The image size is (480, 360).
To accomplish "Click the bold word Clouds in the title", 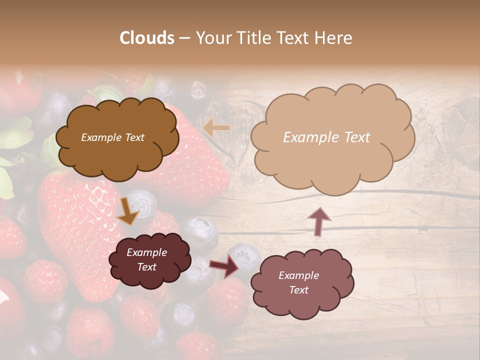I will point(147,38).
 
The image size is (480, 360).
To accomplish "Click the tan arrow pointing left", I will point(216,128).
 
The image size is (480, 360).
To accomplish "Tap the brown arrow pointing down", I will point(127,211).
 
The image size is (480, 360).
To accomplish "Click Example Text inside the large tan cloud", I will point(326,137).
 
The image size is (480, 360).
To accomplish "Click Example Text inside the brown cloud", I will point(112,137).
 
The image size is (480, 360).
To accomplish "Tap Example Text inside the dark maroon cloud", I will point(147,259).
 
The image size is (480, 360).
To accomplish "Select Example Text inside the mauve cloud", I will point(298,282).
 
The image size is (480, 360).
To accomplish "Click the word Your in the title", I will point(213,38).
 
